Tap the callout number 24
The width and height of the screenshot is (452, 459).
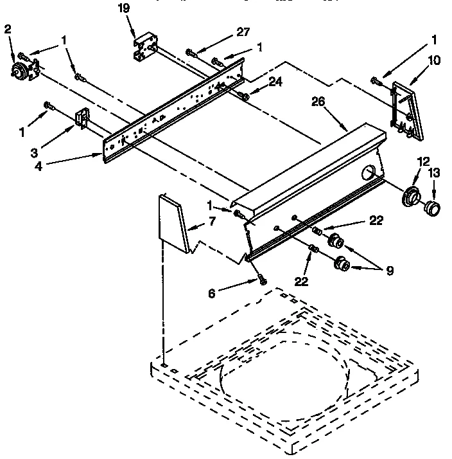(275, 82)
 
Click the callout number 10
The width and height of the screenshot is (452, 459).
(435, 62)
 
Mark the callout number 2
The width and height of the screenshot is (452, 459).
(8, 28)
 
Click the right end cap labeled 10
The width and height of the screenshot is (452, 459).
(404, 109)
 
